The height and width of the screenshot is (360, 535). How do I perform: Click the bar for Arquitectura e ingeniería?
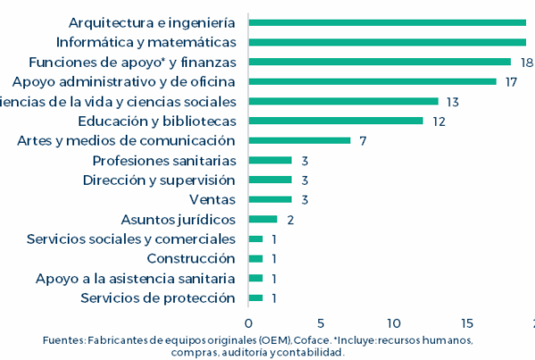coord(387,22)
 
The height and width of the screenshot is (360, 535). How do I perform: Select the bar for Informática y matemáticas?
coord(387,42)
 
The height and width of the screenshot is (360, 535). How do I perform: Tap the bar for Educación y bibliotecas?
coord(335,121)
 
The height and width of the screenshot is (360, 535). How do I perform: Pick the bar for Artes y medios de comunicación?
coord(299,140)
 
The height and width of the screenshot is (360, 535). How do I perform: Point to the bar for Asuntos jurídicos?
coord(262,219)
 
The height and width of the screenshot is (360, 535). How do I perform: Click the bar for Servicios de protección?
coord(255,297)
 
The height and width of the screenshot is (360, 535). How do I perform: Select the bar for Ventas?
coord(269,199)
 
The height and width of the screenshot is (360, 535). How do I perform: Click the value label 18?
coord(526,62)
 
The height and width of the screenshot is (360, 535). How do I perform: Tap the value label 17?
coord(511,81)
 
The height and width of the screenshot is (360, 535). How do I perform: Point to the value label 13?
coord(453,101)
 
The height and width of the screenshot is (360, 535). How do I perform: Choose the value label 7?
coord(363,140)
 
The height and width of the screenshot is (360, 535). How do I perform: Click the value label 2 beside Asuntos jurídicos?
coord(291,219)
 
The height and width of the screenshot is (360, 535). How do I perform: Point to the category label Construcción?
coord(191,258)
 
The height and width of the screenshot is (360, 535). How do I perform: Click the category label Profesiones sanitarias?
coord(164,160)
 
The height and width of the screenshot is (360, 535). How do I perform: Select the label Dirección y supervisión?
coord(159,180)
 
